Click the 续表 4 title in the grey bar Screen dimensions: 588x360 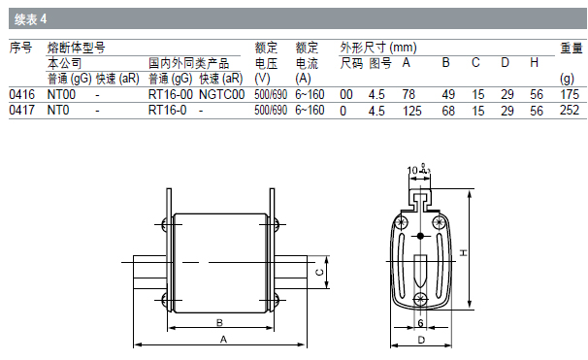31,18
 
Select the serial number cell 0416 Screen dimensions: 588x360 21,94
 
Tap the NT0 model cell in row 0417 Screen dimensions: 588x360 58,111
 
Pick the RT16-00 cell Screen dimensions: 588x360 170,94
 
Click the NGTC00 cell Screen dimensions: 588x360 221,94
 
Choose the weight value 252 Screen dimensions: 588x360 570,111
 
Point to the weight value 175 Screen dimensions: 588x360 570,94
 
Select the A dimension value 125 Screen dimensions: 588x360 412,111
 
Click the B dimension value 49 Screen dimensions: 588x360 448,94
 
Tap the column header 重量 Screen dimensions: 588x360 572,48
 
